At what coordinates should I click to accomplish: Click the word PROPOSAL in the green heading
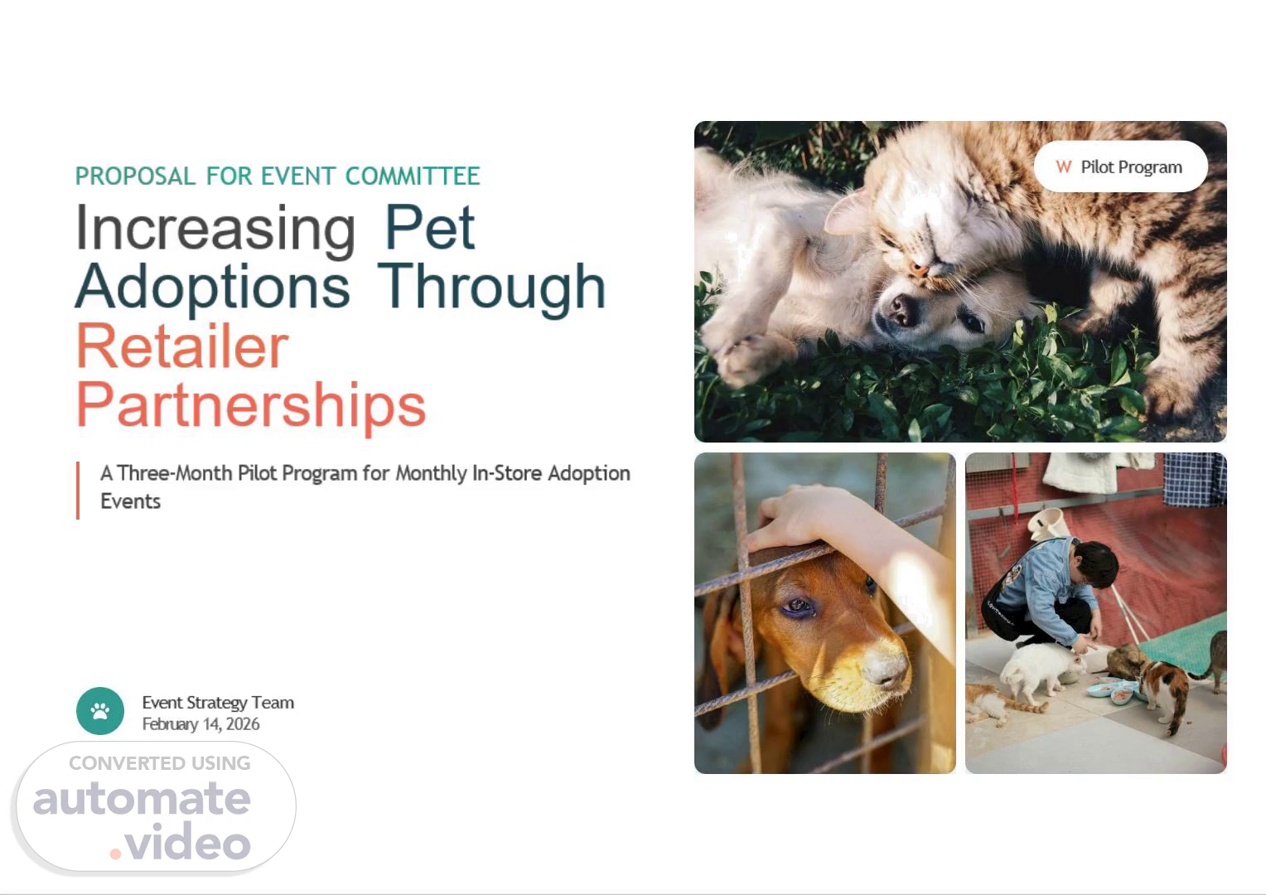point(136,176)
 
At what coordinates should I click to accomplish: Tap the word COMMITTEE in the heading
point(413,176)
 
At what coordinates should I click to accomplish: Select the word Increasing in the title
point(215,230)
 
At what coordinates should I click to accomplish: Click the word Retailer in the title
point(182,346)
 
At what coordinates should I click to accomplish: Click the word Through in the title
point(491,288)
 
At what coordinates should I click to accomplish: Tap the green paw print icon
point(100,711)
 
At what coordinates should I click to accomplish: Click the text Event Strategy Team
point(218,702)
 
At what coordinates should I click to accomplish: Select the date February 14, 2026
point(201,723)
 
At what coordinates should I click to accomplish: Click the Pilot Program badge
point(1121,167)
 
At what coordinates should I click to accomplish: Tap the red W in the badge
point(1064,167)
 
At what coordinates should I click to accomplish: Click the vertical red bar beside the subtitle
point(77,491)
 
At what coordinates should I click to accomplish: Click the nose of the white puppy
point(899,309)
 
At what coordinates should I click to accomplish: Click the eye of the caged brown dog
point(797,606)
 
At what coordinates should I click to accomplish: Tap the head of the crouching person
point(1096,564)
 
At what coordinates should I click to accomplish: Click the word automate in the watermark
point(142,798)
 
